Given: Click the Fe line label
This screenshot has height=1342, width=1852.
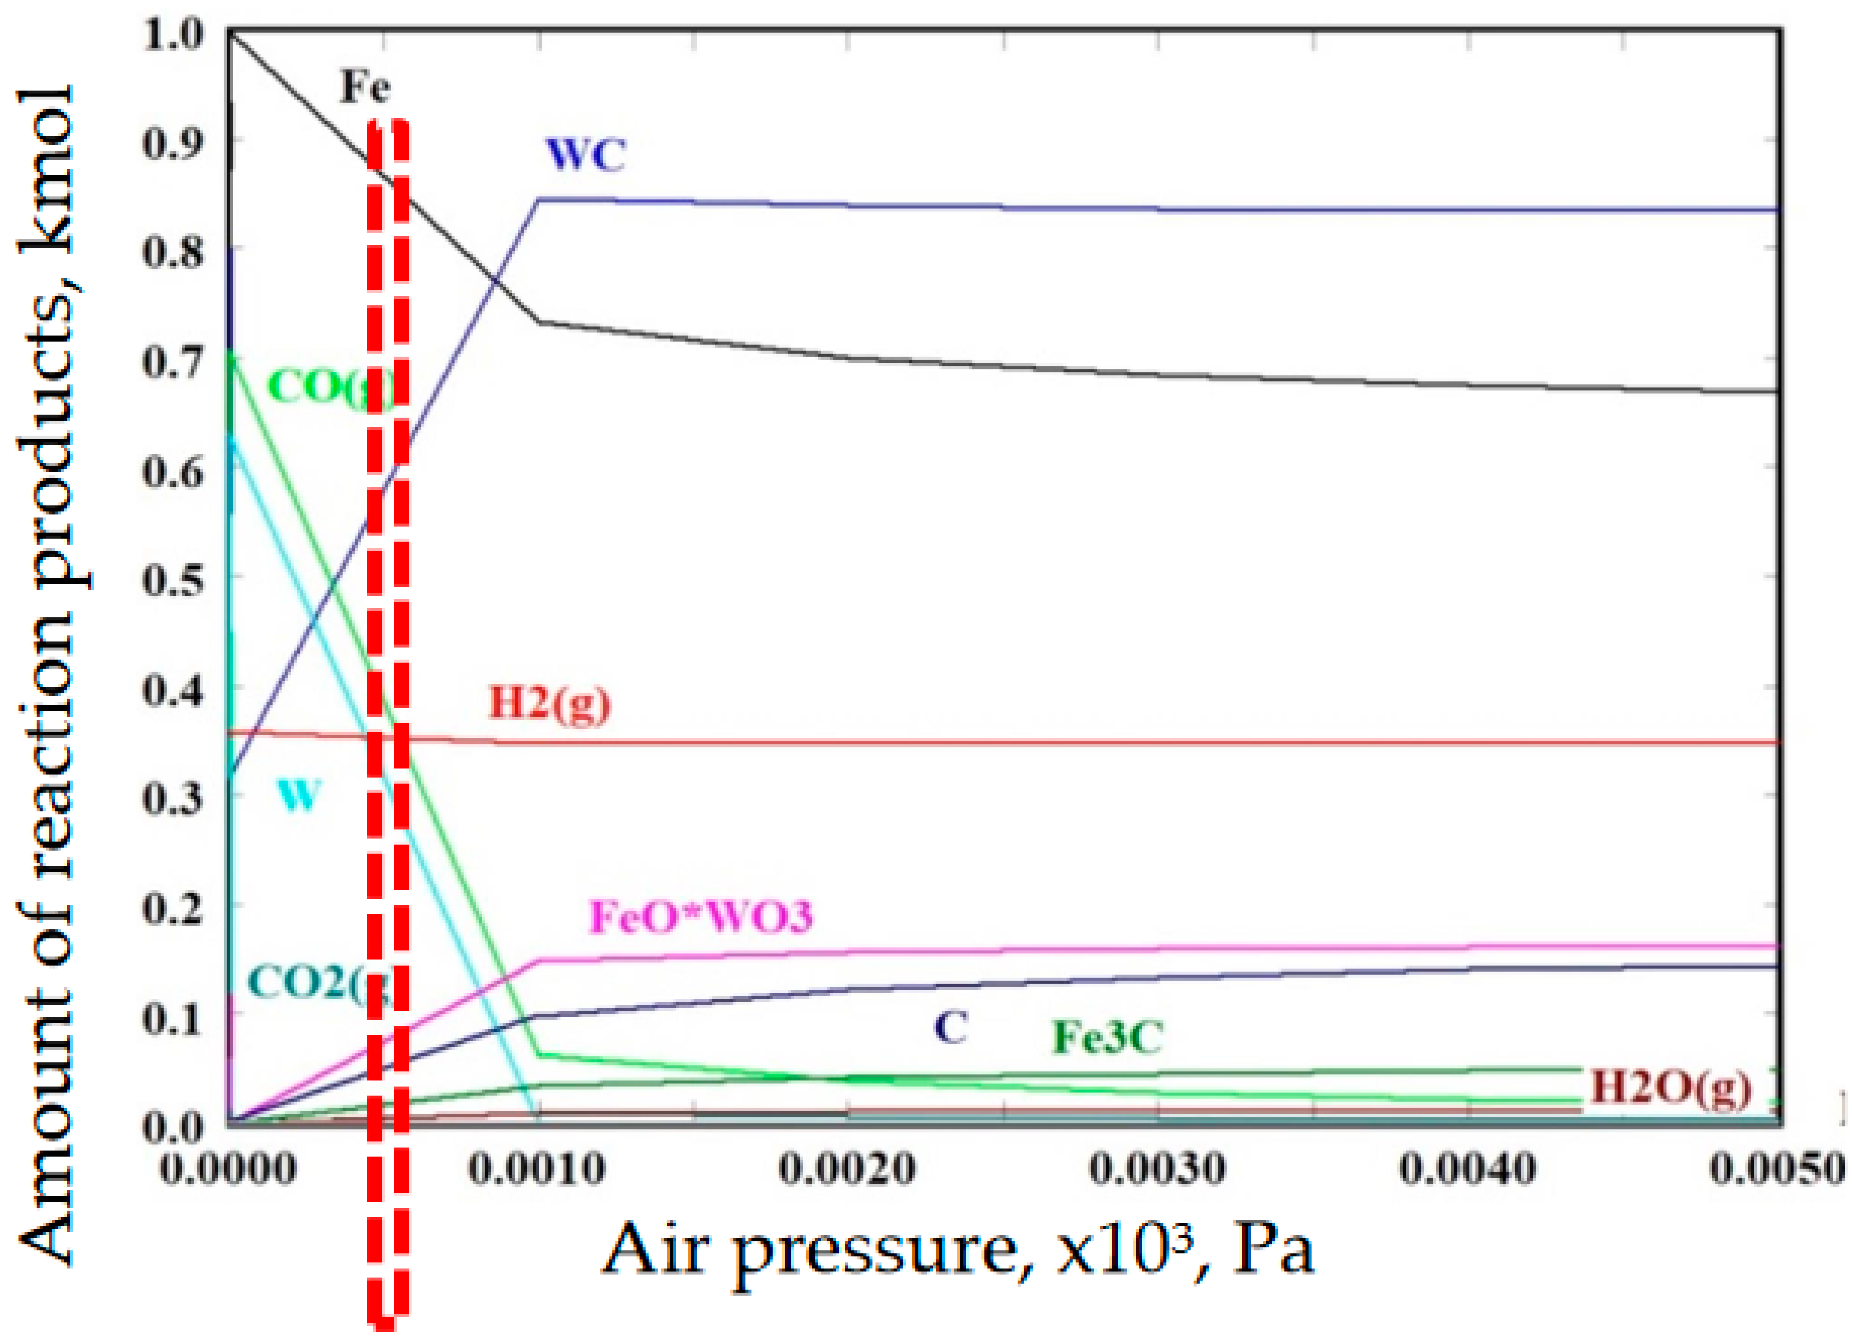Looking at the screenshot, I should tap(365, 86).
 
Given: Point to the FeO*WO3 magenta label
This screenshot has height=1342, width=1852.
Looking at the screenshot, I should tap(701, 916).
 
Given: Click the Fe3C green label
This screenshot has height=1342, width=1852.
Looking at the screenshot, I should tap(1106, 1037).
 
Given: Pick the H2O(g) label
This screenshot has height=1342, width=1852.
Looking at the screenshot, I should tap(1670, 1086).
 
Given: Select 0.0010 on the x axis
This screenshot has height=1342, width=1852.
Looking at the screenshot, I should tap(536, 1170).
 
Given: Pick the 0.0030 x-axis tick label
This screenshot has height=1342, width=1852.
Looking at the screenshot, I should tap(1157, 1170).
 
